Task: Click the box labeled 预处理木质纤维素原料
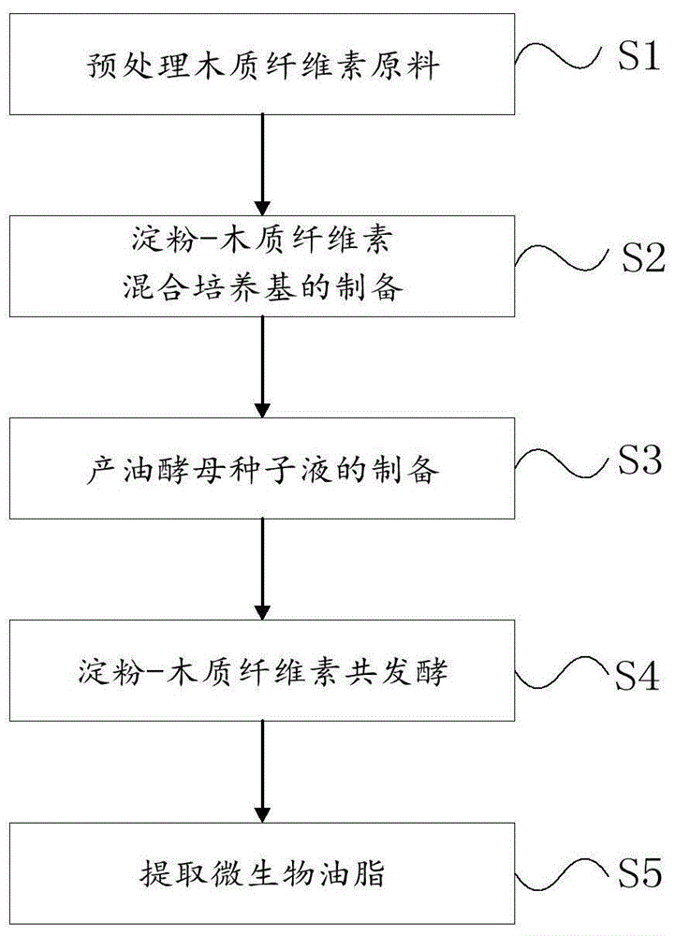click(x=262, y=64)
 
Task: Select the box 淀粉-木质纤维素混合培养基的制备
click(x=262, y=265)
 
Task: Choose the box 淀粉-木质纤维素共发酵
click(x=262, y=671)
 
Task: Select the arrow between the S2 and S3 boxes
click(x=263, y=366)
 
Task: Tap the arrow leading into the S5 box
click(x=263, y=771)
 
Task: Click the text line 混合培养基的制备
click(x=263, y=288)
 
